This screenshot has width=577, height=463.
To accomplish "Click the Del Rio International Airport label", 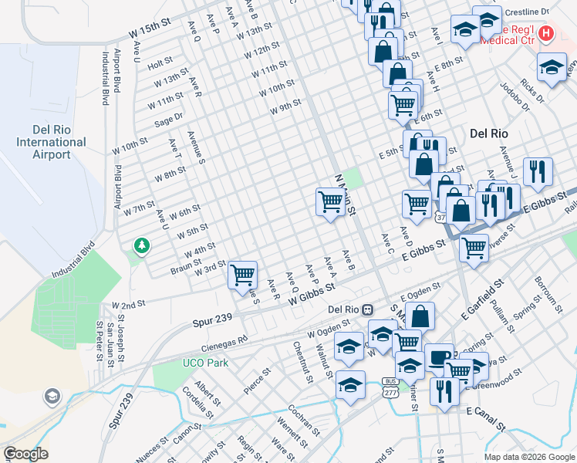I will (51, 142).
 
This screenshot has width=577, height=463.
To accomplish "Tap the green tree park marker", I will (141, 246).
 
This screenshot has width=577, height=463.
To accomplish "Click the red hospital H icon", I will (546, 33).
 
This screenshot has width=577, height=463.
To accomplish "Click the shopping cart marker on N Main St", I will (330, 202).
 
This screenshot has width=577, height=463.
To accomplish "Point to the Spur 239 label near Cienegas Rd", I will (211, 318).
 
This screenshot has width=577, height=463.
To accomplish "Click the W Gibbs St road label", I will (313, 293).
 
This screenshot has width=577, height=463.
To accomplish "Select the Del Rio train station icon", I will (368, 309).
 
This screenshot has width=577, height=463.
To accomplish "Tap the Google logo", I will (25, 454).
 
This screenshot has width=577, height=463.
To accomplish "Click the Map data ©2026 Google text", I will (528, 457).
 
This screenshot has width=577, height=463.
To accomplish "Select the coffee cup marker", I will (439, 357).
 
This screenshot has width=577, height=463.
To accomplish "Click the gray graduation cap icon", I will (52, 397).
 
